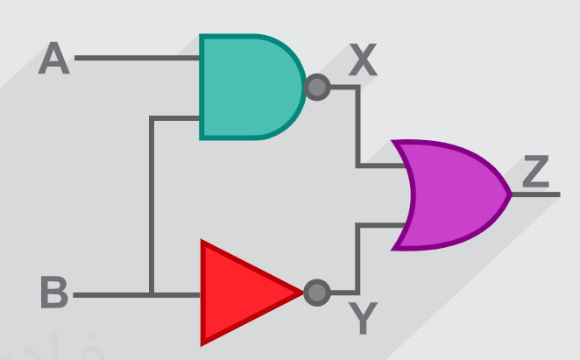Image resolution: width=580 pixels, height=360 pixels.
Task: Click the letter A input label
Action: coord(54,58)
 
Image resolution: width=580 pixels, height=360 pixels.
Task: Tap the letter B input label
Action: coord(54,292)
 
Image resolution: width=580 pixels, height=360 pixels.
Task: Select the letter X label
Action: coord(363,60)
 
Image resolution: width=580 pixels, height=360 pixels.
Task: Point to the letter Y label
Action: coord(363,318)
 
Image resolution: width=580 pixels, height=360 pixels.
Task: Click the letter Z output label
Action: coord(536,172)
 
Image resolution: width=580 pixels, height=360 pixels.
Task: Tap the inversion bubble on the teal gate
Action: coord(317,88)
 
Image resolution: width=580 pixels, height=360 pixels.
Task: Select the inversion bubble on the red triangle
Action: coord(317,293)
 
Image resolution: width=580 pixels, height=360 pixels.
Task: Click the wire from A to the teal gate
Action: coord(137,58)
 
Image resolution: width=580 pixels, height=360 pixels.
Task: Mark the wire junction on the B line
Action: coord(152,295)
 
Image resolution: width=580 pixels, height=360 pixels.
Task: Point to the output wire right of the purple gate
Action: coord(536,194)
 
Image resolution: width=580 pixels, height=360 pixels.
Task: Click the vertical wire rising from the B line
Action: coord(152,205)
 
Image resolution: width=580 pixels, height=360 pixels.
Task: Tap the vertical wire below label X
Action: coord(357,126)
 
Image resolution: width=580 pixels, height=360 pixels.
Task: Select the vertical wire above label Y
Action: coord(357,259)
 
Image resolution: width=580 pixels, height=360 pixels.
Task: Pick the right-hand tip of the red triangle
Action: coord(303,293)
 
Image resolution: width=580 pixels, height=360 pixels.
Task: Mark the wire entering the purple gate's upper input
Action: coord(381,166)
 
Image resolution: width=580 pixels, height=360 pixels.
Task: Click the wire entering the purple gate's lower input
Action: coord(381,225)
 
